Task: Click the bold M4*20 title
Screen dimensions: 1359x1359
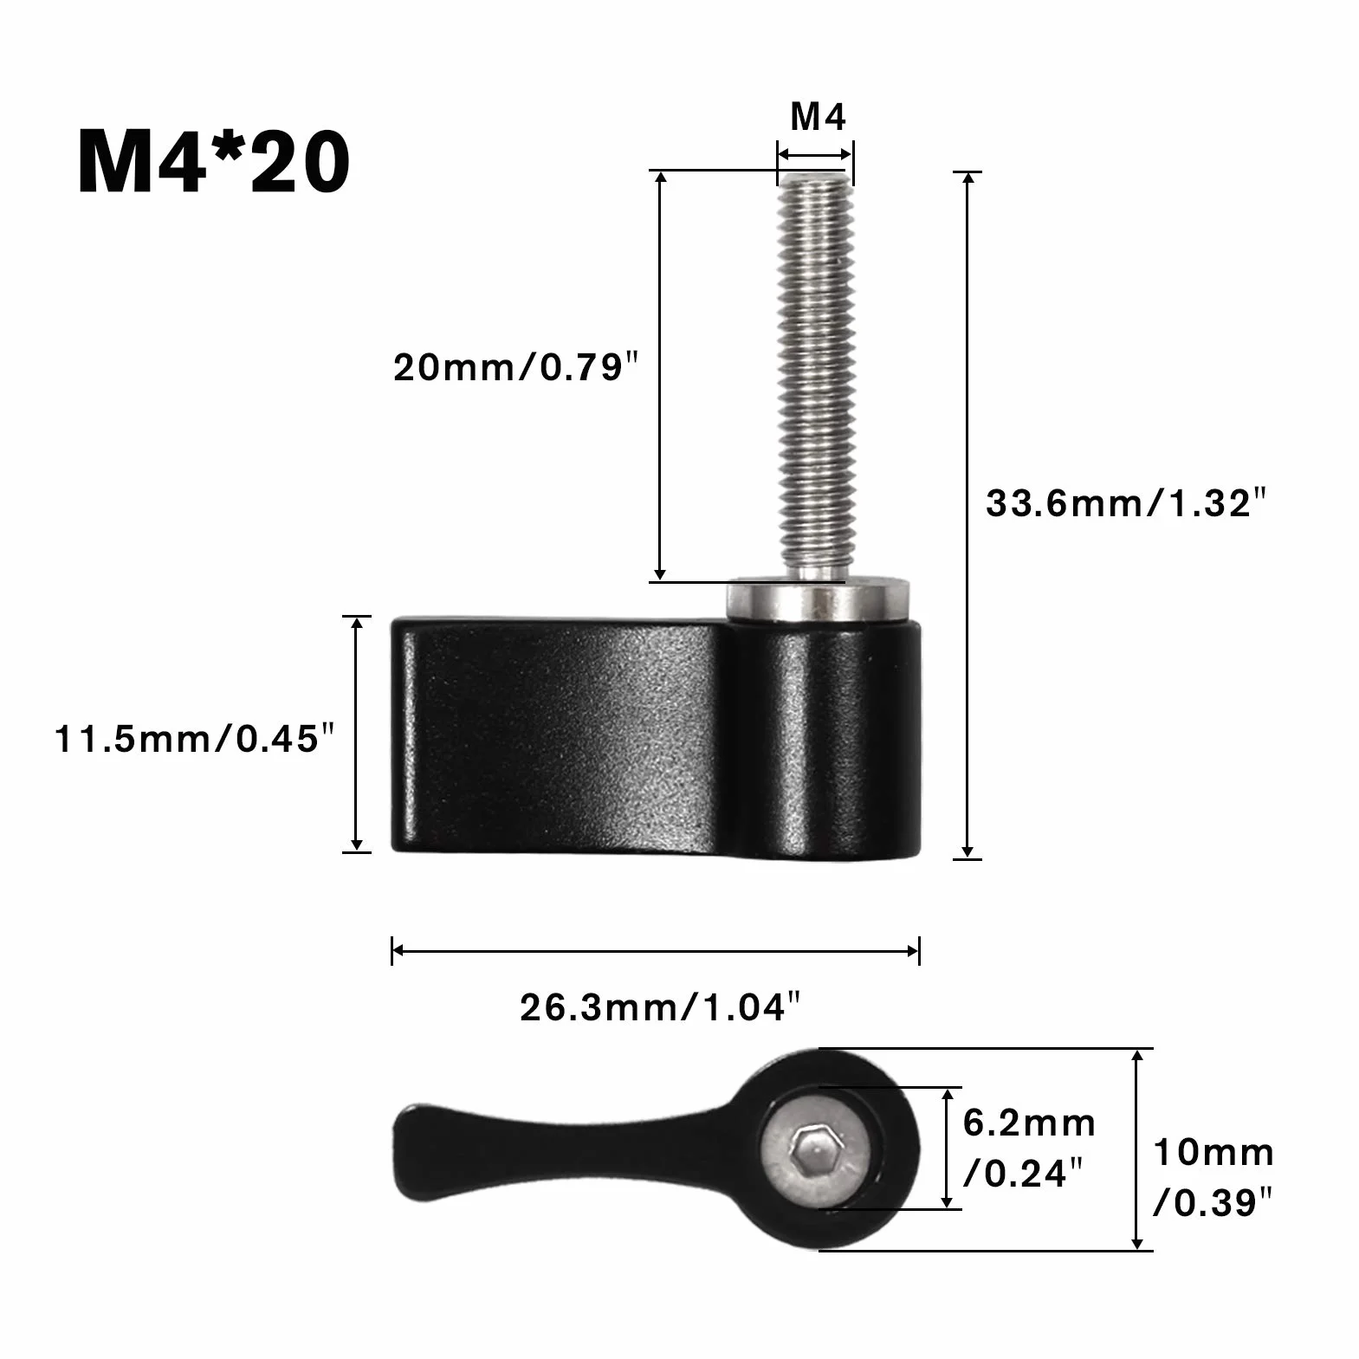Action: click(x=214, y=162)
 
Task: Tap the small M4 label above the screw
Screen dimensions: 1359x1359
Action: click(x=818, y=117)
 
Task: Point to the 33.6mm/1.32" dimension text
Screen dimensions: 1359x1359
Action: click(x=1126, y=503)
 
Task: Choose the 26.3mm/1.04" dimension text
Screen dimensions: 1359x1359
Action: click(x=659, y=1008)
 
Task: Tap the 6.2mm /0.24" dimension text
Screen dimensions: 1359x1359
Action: click(x=1029, y=1149)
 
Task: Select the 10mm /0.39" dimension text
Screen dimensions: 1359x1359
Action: click(x=1213, y=1178)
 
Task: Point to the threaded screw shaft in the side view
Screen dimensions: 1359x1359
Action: click(x=814, y=377)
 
